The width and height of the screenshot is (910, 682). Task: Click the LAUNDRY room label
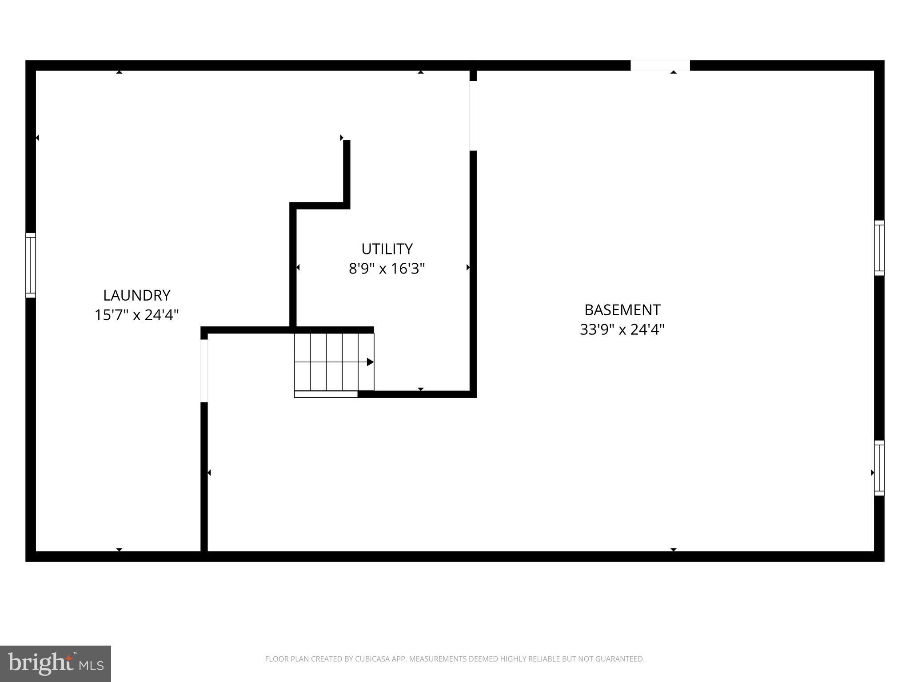click(x=136, y=295)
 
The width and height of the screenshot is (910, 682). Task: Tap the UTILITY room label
click(x=387, y=249)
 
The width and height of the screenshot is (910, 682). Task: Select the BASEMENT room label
click(x=622, y=309)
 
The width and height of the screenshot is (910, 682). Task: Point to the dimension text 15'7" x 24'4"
click(x=136, y=315)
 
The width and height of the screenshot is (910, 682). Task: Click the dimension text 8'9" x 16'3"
click(x=387, y=269)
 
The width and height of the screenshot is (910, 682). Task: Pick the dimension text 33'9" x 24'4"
click(x=622, y=329)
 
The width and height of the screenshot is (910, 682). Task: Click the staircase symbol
click(x=334, y=361)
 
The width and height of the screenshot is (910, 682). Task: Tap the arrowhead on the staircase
click(x=370, y=362)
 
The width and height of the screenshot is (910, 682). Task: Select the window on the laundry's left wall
click(x=30, y=265)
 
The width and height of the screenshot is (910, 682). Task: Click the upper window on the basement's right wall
click(x=879, y=248)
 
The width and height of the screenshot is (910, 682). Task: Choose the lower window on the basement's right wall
click(x=879, y=468)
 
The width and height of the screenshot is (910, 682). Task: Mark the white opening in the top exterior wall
click(x=660, y=65)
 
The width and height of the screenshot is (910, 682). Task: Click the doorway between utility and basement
click(x=473, y=115)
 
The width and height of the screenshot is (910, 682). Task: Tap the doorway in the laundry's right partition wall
click(x=204, y=371)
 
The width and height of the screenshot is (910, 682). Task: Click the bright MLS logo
click(x=56, y=663)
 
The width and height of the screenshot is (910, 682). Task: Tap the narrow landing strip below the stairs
click(x=326, y=394)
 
